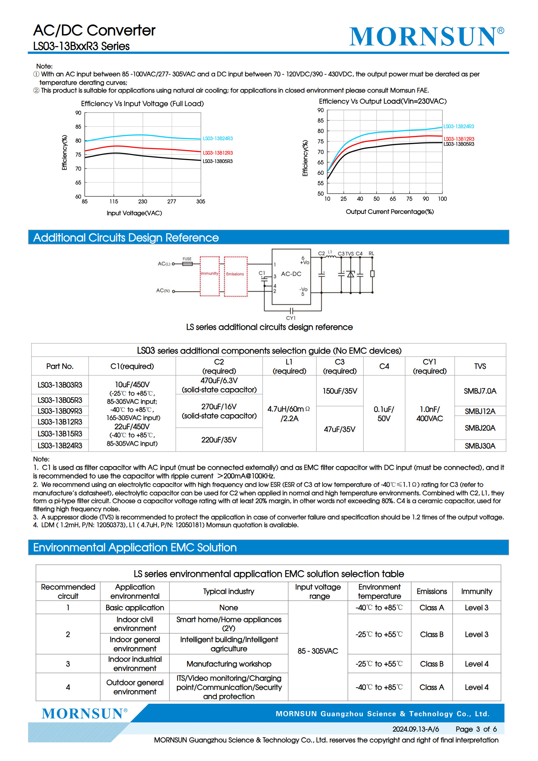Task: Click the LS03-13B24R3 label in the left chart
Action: tap(218, 138)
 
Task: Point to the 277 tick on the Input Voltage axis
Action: tap(171, 201)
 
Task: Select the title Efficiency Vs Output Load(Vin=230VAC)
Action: tap(382, 101)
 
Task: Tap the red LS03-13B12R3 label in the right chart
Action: tap(459, 139)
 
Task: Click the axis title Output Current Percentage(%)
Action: tap(390, 212)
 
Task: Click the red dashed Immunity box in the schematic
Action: tap(210, 276)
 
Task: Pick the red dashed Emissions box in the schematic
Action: tap(235, 277)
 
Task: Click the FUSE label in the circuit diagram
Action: tap(187, 259)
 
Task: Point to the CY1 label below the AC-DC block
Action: tap(291, 318)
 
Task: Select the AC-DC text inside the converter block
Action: tap(291, 274)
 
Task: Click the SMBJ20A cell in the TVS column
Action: tap(480, 428)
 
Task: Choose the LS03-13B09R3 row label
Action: tap(60, 411)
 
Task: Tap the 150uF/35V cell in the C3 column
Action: tap(339, 391)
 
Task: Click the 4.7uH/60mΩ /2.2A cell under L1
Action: tap(289, 414)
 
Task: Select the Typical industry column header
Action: tap(229, 591)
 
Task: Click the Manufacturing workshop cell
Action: tap(229, 664)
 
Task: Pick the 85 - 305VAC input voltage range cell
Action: tap(318, 651)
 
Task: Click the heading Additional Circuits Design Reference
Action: tap(126, 238)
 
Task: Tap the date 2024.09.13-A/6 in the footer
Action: tap(415, 729)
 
